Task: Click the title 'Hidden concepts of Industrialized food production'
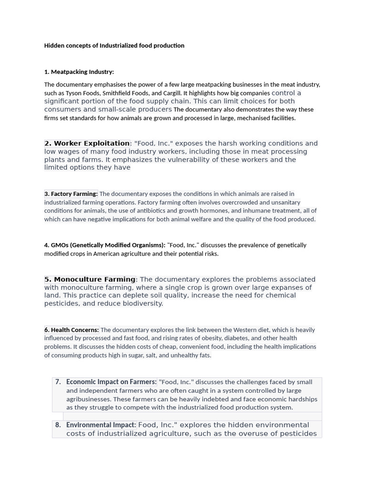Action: tap(114, 46)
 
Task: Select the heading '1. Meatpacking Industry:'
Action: tap(79, 72)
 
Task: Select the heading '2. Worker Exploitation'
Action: tap(87, 143)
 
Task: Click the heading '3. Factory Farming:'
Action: tap(71, 194)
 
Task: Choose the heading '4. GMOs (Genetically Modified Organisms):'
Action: tap(105, 245)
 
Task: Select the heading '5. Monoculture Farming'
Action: tap(90, 280)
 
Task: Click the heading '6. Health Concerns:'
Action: tap(71, 330)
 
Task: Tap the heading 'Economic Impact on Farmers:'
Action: tap(111, 382)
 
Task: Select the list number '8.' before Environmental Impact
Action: tap(58, 425)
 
